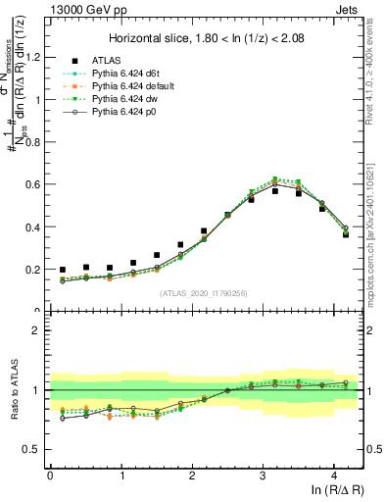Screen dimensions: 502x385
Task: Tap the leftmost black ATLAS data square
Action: pos(63,270)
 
